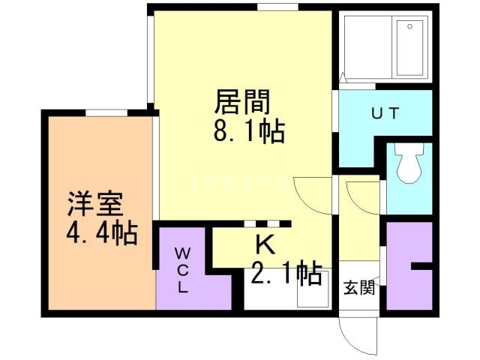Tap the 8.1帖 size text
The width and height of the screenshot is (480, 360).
click(x=248, y=133)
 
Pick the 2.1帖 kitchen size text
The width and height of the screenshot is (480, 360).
click(x=285, y=273)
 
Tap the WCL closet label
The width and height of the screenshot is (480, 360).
click(x=183, y=270)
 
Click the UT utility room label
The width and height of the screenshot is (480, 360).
click(x=385, y=114)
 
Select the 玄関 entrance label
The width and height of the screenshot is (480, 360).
click(x=359, y=288)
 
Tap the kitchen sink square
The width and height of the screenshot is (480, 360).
click(x=310, y=293)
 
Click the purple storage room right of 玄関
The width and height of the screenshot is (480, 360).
click(x=408, y=266)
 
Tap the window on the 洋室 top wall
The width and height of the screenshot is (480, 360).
click(x=105, y=113)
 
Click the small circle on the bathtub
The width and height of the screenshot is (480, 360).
click(x=409, y=25)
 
